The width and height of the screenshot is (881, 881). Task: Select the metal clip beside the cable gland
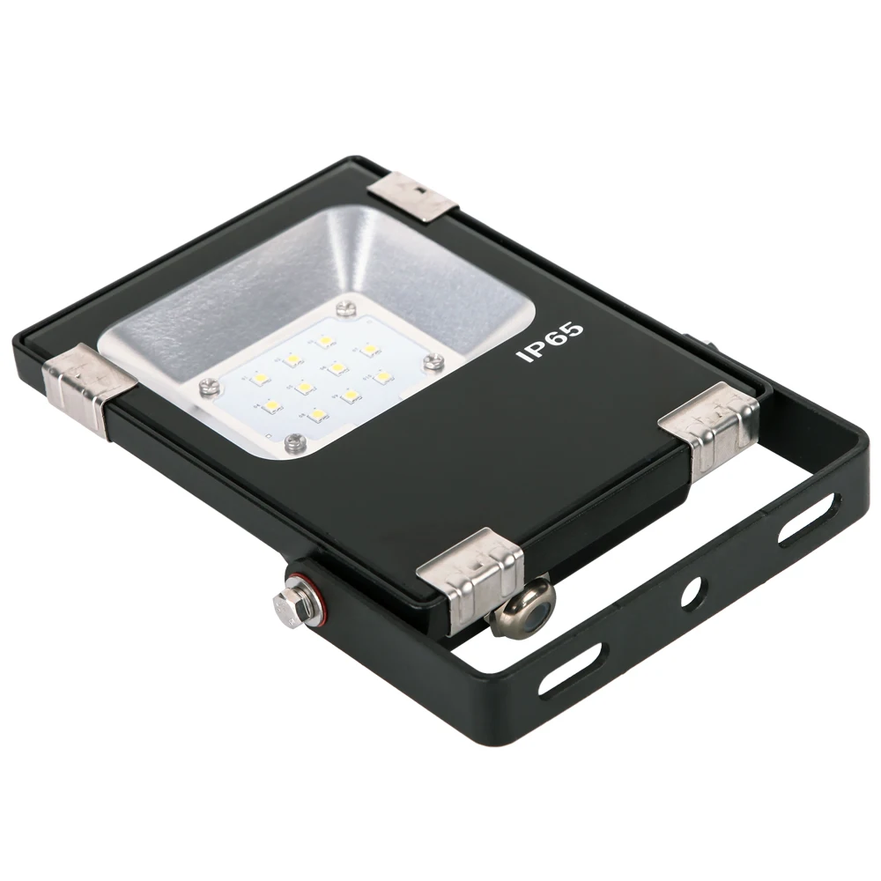[470, 574]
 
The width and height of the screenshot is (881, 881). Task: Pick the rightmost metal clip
[711, 426]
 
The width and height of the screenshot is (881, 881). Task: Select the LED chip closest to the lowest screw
[314, 412]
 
